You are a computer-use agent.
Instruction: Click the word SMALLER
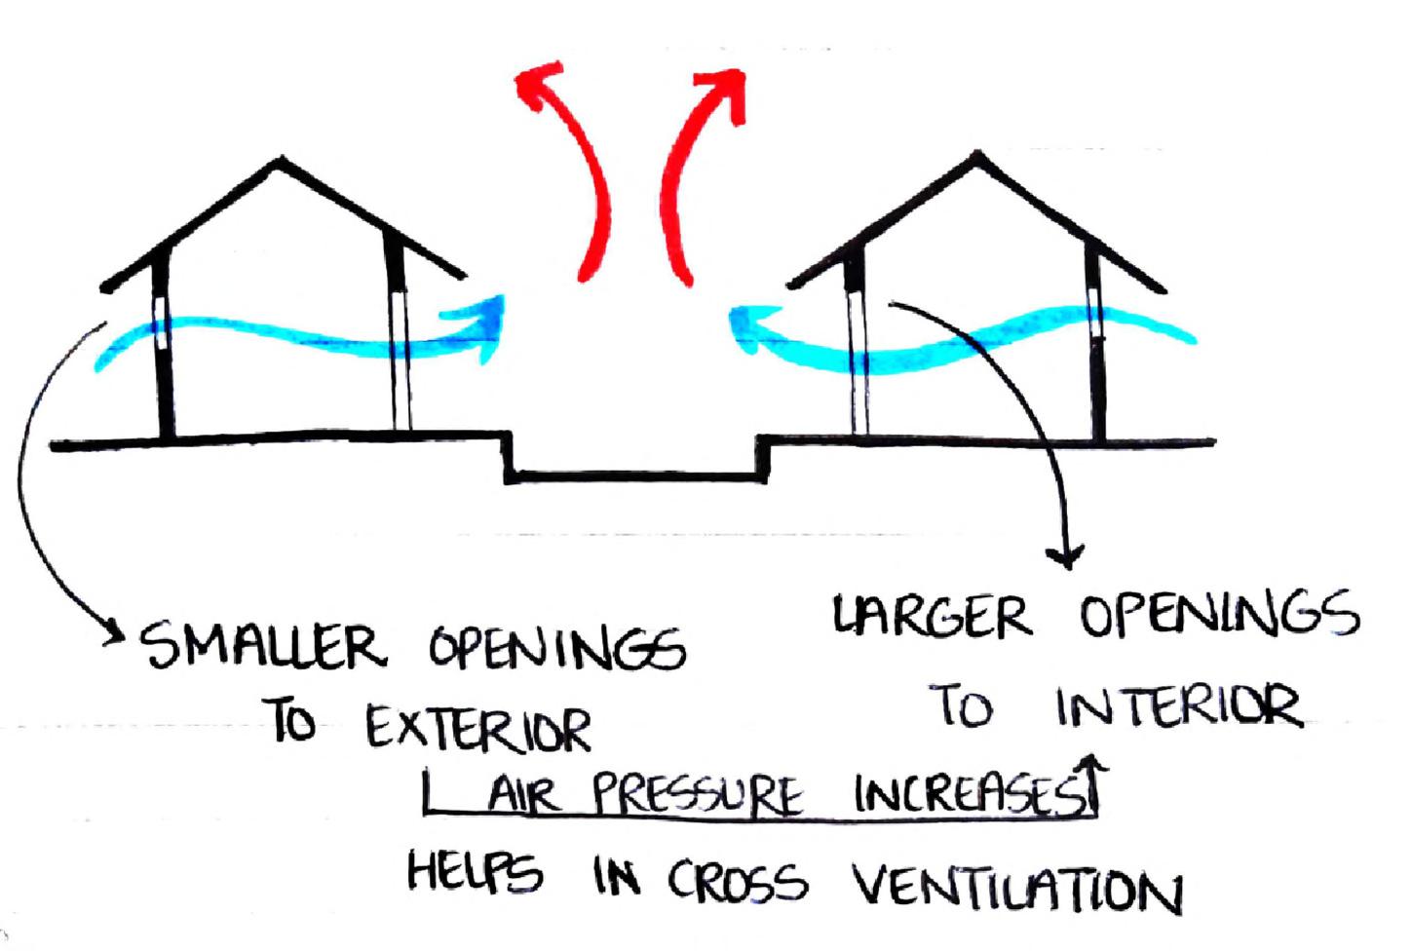[262, 646]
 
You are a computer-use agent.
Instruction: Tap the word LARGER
[932, 618]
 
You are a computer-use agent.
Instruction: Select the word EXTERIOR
[478, 727]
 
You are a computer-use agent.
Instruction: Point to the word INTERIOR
[1178, 706]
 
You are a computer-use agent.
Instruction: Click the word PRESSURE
[698, 796]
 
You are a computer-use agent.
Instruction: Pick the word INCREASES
[965, 794]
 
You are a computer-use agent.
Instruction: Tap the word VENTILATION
[1018, 888]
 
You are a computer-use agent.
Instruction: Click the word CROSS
[738, 881]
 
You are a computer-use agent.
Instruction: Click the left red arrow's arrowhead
[541, 82]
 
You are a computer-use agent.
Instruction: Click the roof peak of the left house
[283, 160]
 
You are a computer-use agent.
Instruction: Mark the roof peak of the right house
[975, 155]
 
